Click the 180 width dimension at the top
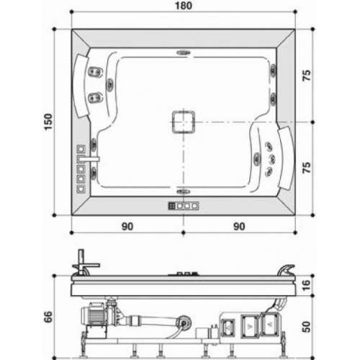(184, 7)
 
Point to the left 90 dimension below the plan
(127, 226)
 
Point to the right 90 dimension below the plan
(239, 226)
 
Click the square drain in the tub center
(183, 121)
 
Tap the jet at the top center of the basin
(183, 53)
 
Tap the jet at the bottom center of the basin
(183, 192)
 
